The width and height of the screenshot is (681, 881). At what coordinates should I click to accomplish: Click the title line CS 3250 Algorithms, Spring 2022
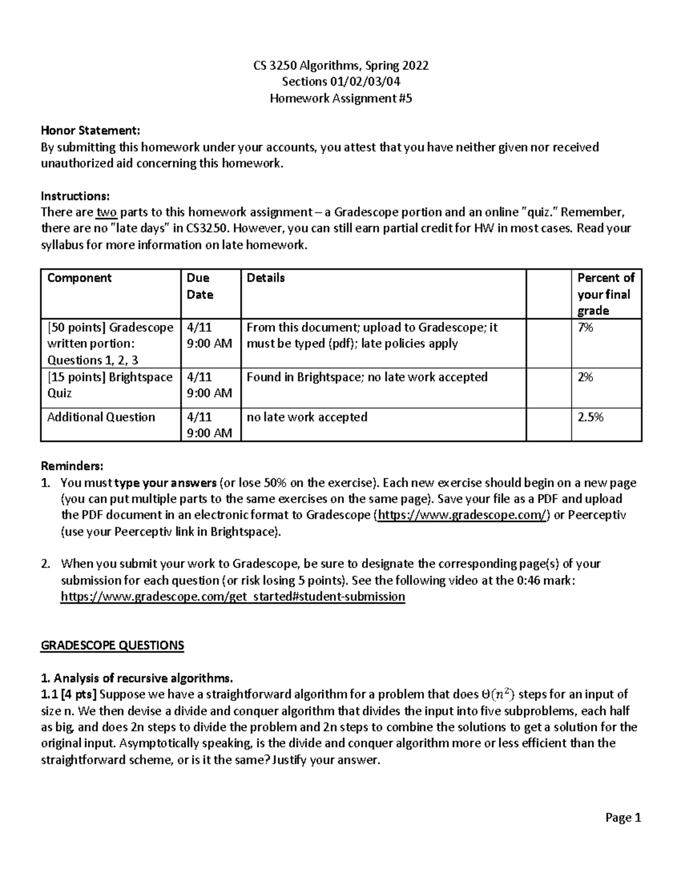click(340, 65)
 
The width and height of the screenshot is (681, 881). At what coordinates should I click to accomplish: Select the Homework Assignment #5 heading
click(340, 98)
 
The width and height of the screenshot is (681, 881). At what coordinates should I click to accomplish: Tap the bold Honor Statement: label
click(90, 131)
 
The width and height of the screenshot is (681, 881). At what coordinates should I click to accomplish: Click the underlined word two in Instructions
click(106, 213)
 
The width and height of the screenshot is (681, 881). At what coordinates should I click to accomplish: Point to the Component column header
click(79, 278)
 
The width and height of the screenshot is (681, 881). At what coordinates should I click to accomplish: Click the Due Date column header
click(198, 286)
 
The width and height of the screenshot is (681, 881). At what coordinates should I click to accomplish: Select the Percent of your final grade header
click(605, 294)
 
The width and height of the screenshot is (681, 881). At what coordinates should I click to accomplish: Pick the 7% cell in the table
click(585, 327)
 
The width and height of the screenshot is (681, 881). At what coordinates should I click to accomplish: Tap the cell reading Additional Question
click(101, 417)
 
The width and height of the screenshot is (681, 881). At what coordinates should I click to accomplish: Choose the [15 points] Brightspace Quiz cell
click(110, 385)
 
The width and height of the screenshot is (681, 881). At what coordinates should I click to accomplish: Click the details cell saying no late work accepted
click(307, 417)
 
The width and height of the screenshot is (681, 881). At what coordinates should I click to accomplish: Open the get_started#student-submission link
click(233, 596)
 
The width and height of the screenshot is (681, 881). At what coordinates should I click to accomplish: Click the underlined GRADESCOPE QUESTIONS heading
click(112, 646)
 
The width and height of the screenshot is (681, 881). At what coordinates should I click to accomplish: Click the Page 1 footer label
click(623, 817)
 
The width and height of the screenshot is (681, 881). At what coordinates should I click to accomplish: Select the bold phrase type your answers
click(165, 483)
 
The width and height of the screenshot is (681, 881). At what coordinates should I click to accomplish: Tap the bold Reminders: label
click(72, 466)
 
